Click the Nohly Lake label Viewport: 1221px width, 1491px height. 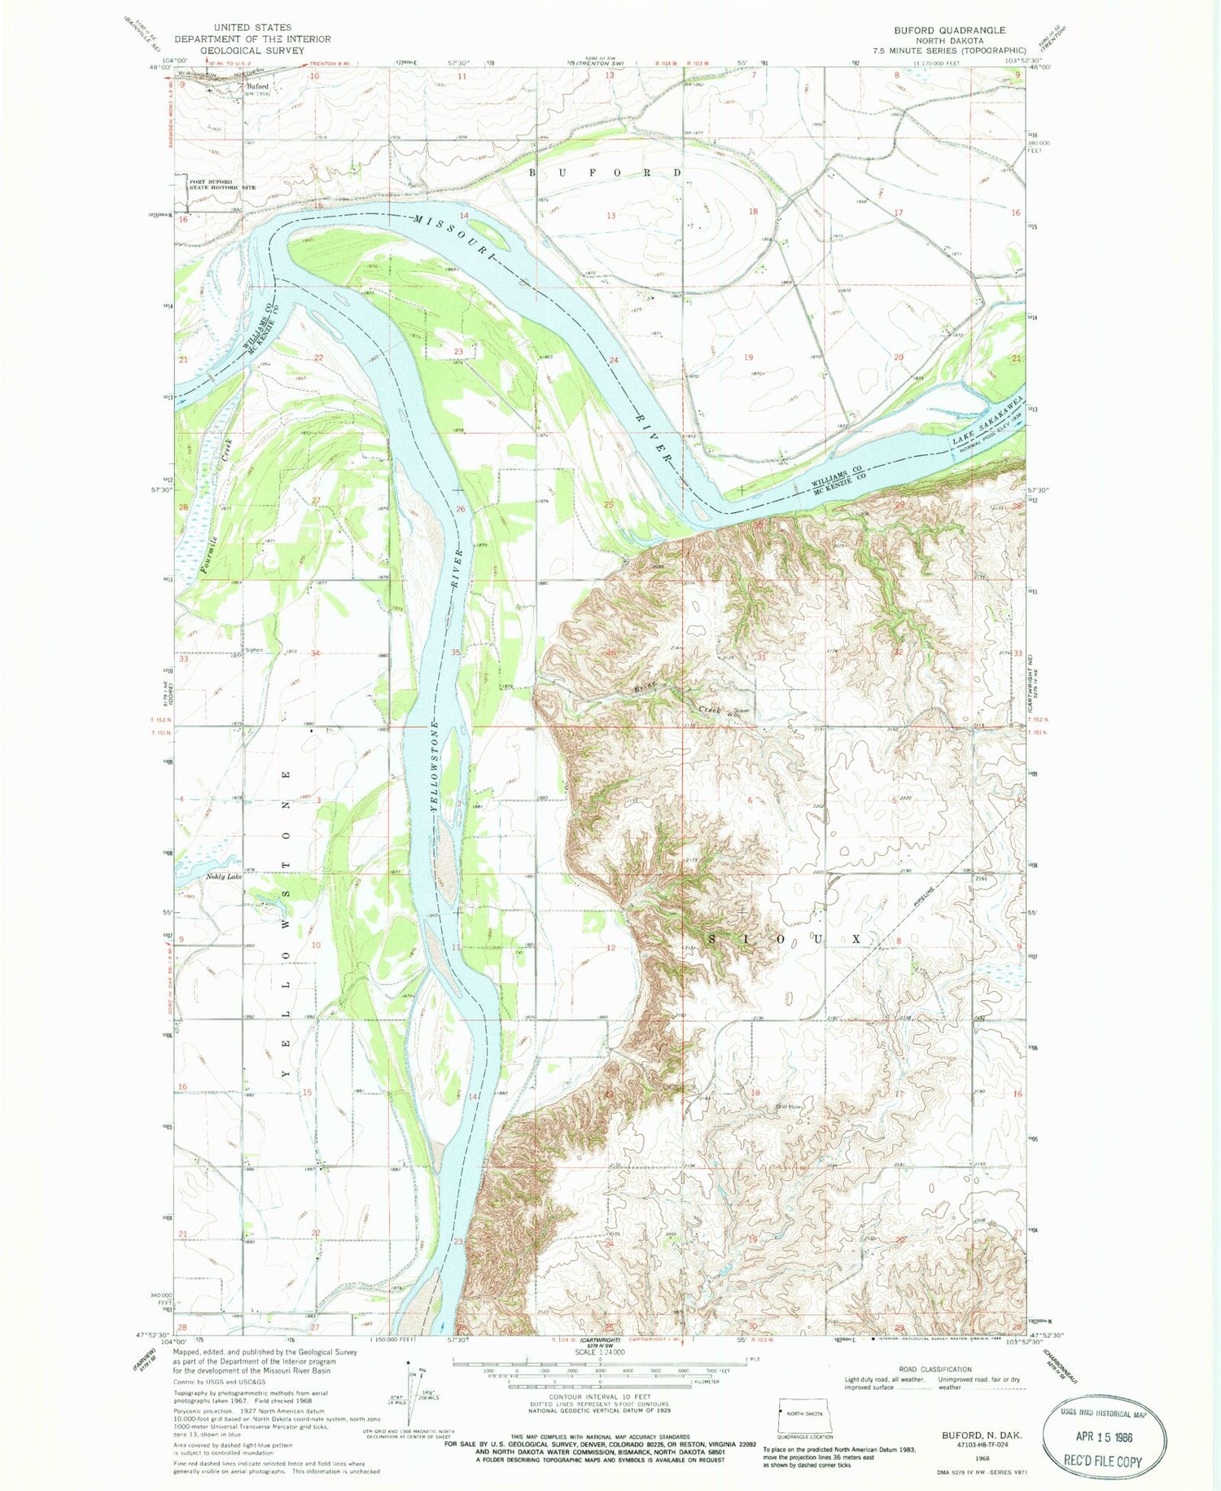223,877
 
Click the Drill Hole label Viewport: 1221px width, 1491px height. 789,1106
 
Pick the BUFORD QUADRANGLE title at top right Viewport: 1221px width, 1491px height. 949,30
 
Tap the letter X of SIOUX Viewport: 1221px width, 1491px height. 856,939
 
